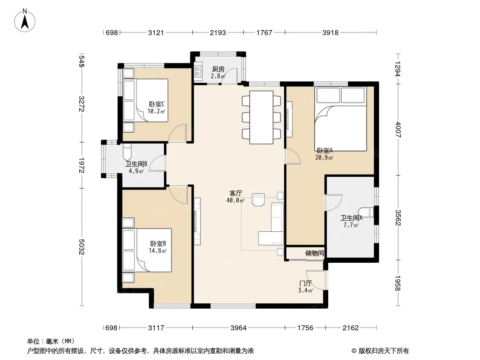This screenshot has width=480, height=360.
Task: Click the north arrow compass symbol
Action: [x=25, y=20]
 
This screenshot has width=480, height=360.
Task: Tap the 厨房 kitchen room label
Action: [x=218, y=69]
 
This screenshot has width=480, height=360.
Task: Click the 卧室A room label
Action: [x=325, y=150]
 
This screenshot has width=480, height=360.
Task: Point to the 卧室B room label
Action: [x=158, y=244]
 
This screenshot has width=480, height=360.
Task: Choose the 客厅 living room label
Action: [x=235, y=193]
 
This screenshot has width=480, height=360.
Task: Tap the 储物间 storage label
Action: [x=314, y=253]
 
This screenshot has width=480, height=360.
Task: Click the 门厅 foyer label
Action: [x=305, y=283]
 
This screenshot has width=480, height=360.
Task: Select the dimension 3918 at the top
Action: [x=331, y=32]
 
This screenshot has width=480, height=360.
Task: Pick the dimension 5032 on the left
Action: [x=82, y=247]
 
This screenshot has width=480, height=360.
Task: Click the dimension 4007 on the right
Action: [x=398, y=130]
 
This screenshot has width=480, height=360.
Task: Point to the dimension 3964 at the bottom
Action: [x=239, y=328]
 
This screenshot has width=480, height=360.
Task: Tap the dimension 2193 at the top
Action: [x=217, y=32]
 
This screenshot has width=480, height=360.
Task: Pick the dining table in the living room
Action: [x=262, y=117]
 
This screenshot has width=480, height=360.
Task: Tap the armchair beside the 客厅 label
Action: [x=258, y=199]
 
